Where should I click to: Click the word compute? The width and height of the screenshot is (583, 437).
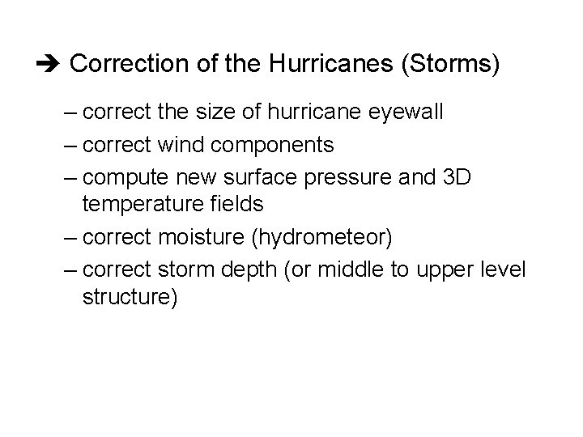[124, 179]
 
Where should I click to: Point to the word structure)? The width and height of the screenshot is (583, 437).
[130, 298]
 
